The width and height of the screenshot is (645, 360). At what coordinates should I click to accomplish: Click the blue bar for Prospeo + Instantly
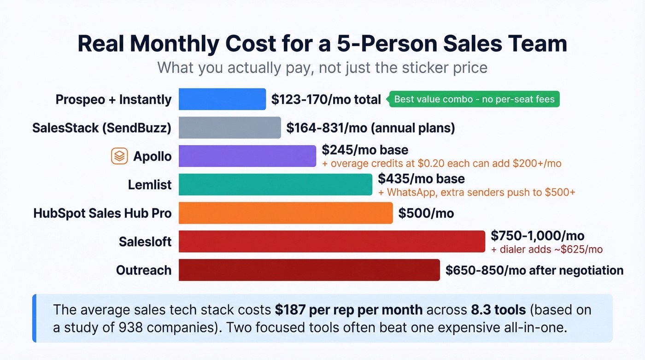point(222,99)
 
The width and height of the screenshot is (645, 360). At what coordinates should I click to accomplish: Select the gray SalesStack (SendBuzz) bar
point(229,128)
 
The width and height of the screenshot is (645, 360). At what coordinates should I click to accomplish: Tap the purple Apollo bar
point(247,156)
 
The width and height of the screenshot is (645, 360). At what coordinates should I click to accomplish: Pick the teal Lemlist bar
point(275,184)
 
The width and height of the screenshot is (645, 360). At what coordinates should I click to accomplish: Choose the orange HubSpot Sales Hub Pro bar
point(286,213)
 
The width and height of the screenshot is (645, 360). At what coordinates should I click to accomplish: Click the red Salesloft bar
point(332,242)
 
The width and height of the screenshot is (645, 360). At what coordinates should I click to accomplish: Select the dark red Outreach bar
point(309,270)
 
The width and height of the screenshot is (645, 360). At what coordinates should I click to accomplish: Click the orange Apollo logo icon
point(120,156)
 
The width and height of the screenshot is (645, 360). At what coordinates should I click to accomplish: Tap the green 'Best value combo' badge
point(475,99)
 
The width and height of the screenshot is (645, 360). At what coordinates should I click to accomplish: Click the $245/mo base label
point(365,150)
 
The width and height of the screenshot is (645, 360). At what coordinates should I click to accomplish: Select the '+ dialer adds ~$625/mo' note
point(547,249)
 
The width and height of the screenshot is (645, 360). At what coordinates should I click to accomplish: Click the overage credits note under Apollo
point(441,164)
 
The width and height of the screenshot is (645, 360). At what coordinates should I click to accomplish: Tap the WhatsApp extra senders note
point(476,192)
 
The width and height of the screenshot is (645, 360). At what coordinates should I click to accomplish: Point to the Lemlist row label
point(150,185)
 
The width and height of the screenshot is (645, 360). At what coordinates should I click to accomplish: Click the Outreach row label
point(144,270)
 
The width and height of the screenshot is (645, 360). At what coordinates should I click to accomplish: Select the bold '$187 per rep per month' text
point(349,309)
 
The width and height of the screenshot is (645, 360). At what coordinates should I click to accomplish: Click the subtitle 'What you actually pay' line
point(322,68)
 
